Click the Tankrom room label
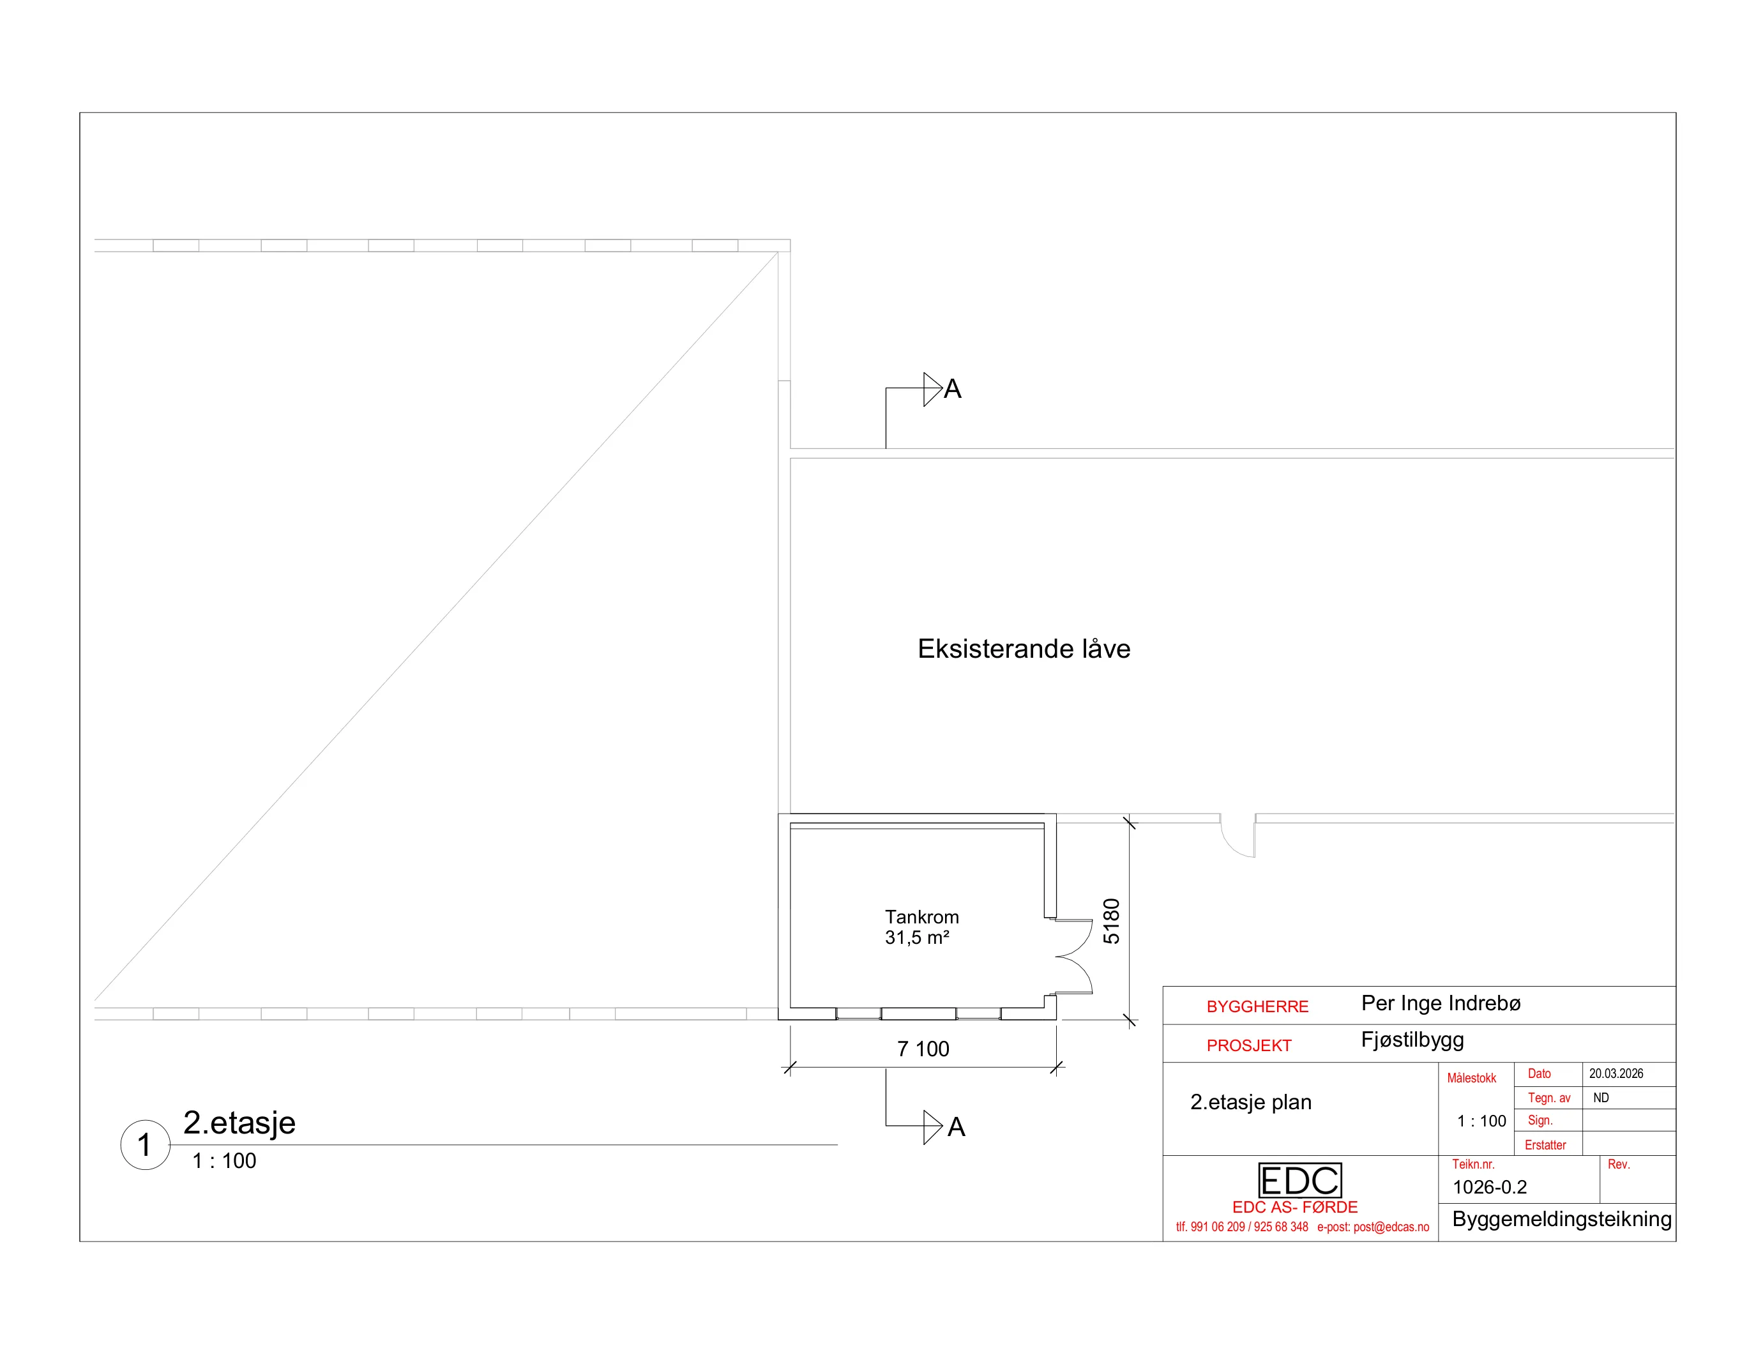point(921,917)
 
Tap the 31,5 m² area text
point(916,937)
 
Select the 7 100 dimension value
point(923,1049)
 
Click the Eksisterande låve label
point(1024,649)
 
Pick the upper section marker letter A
point(953,389)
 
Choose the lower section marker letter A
point(956,1127)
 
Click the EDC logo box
point(1299,1180)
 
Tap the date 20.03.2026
point(1616,1073)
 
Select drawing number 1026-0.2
point(1489,1186)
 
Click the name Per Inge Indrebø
point(1441,1003)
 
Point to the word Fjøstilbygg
point(1412,1040)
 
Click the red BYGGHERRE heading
point(1257,1006)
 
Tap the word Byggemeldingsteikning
point(1561,1220)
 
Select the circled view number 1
point(145,1145)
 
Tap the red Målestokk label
point(1471,1078)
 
